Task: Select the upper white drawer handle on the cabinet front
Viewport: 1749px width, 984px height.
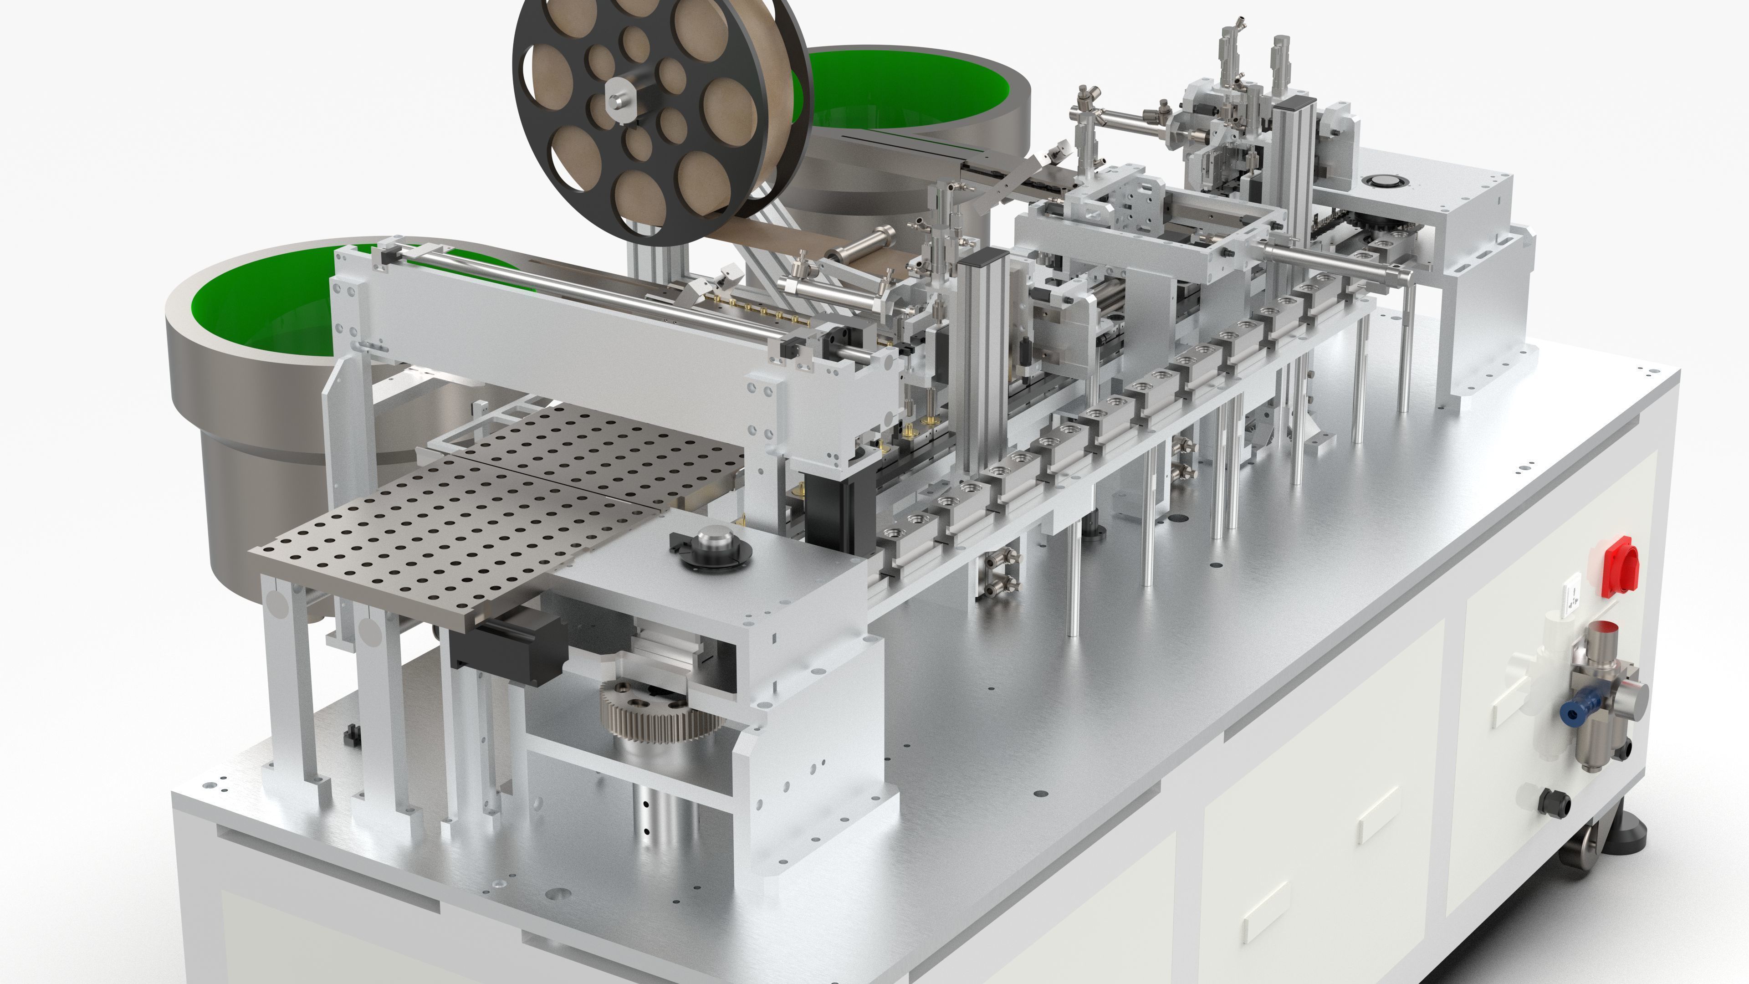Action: click(x=1378, y=815)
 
